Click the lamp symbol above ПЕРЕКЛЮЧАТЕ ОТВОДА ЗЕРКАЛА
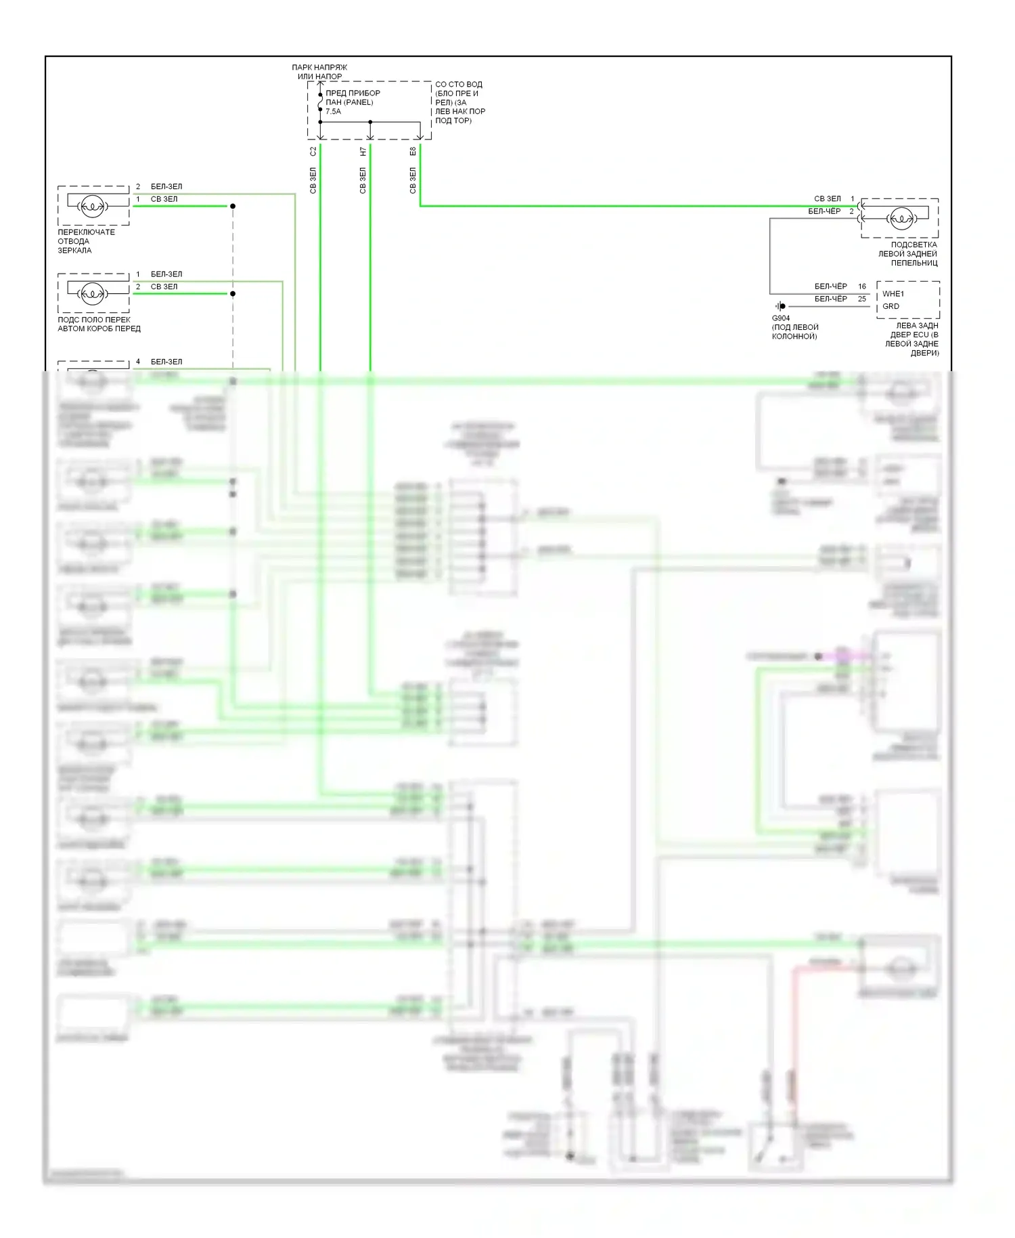(x=92, y=206)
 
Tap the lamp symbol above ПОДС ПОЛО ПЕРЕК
(x=92, y=294)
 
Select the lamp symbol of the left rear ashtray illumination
(x=901, y=218)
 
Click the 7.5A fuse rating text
(x=333, y=112)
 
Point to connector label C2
(x=313, y=151)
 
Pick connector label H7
(x=363, y=151)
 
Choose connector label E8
(x=413, y=151)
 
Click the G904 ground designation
(x=780, y=318)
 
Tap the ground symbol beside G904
(x=780, y=306)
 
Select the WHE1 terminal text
(x=893, y=294)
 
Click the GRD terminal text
(x=890, y=307)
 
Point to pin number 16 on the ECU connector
(x=862, y=286)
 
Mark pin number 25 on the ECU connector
(x=862, y=299)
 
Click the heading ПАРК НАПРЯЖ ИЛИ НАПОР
(x=319, y=72)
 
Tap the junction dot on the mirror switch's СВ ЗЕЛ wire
(x=233, y=206)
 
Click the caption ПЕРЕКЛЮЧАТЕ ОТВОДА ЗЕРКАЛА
(x=86, y=241)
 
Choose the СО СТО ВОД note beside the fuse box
(x=460, y=102)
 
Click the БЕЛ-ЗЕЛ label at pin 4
(x=166, y=362)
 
